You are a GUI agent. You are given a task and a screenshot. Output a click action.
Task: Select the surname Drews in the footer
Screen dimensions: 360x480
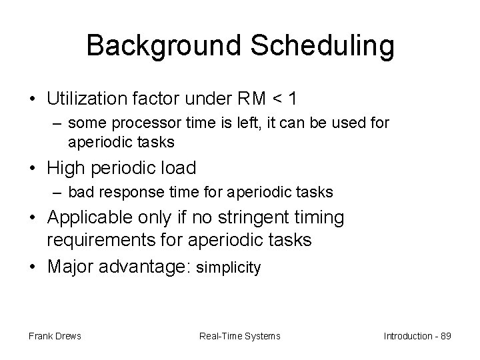coord(67,336)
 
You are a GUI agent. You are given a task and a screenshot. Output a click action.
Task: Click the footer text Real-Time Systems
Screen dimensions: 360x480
coord(240,336)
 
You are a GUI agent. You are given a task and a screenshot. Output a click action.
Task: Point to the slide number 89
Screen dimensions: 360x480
coord(445,336)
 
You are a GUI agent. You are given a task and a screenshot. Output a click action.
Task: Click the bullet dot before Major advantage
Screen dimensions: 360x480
coord(33,267)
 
